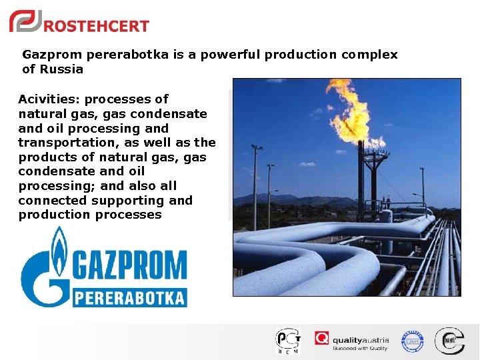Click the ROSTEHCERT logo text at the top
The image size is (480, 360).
96,26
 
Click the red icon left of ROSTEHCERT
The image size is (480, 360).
25,22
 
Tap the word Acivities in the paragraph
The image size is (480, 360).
47,99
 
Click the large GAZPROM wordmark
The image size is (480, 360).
130,265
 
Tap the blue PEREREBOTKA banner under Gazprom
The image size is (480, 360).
130,297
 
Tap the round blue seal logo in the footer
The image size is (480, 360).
412,341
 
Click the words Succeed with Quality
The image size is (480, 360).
361,347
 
